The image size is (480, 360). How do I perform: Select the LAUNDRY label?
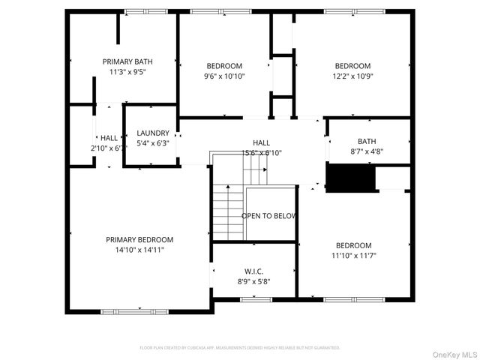coord(153,133)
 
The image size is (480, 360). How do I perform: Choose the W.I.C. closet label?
coord(253,271)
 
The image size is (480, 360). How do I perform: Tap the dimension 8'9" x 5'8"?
coord(253,281)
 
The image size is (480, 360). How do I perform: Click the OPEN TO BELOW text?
coord(268,216)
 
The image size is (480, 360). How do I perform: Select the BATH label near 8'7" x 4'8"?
coord(367,141)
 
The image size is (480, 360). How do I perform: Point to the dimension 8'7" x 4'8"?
coord(367,151)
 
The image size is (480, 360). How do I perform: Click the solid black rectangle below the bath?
coord(350,178)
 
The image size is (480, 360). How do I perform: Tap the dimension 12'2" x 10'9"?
coord(352,76)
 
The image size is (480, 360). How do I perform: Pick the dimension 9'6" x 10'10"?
coord(225,76)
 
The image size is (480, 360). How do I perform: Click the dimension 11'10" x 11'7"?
coord(354,256)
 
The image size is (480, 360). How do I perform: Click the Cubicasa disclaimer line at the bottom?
coord(240,348)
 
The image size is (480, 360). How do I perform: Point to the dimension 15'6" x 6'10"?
coord(261,153)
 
